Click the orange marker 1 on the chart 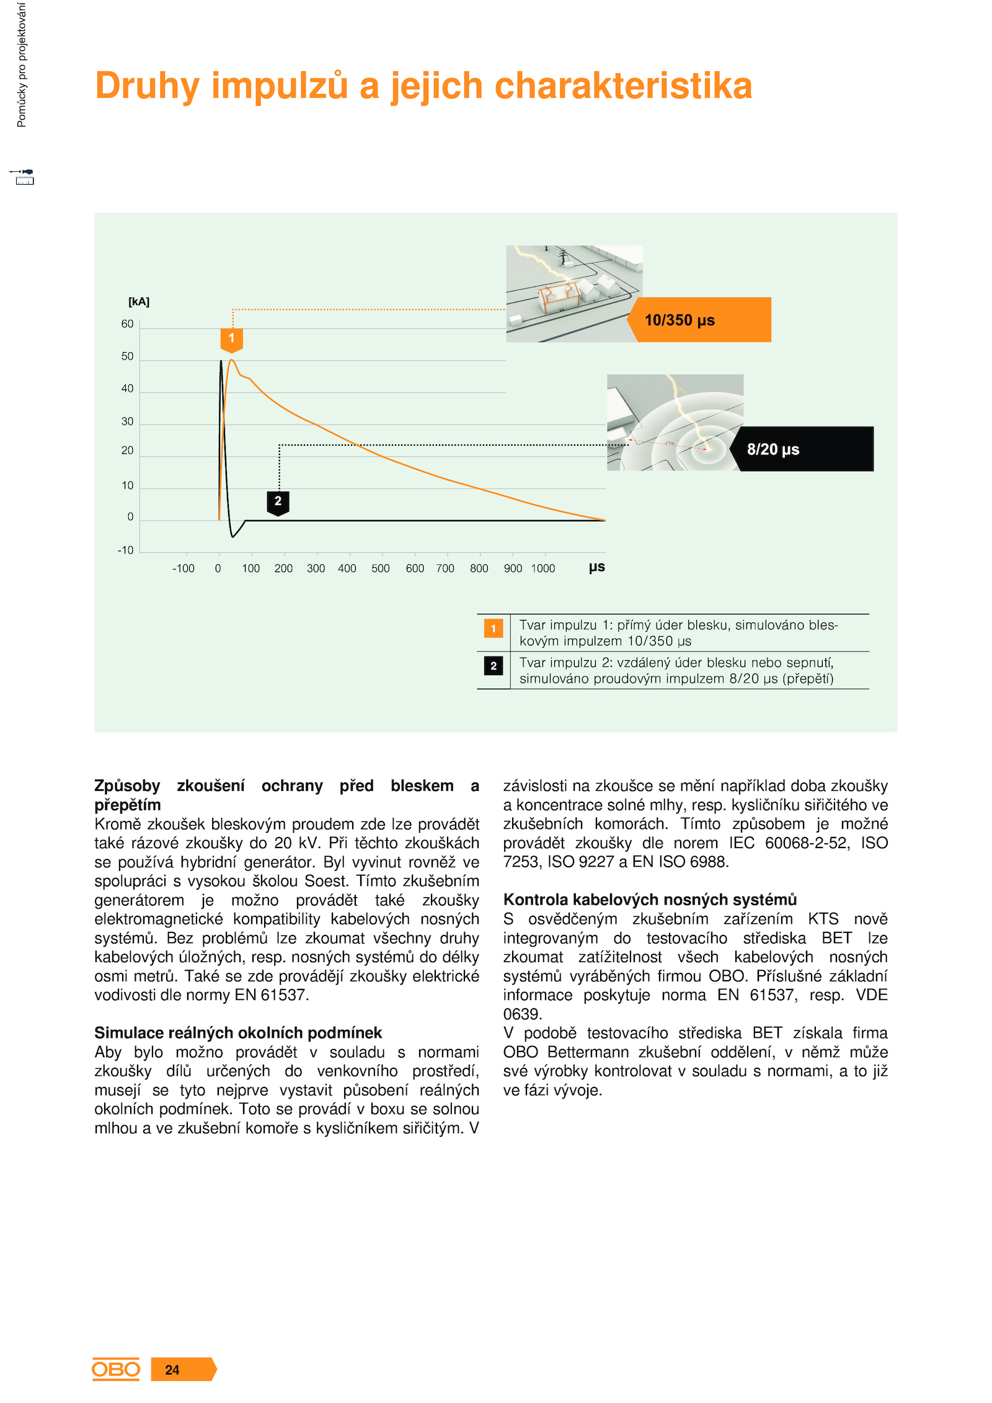click(231, 339)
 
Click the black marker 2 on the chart click(278, 501)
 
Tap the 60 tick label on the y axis click(127, 324)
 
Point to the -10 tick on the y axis click(126, 551)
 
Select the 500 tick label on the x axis click(380, 569)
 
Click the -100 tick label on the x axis click(183, 569)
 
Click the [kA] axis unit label click(139, 302)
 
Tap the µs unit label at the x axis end click(596, 567)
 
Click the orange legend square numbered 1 click(494, 629)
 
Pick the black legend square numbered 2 click(494, 666)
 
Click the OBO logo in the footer click(116, 1370)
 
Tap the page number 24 click(172, 1370)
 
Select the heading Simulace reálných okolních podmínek click(238, 1033)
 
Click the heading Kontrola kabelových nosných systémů click(650, 900)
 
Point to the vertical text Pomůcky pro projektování click(22, 65)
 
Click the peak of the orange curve click(231, 360)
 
